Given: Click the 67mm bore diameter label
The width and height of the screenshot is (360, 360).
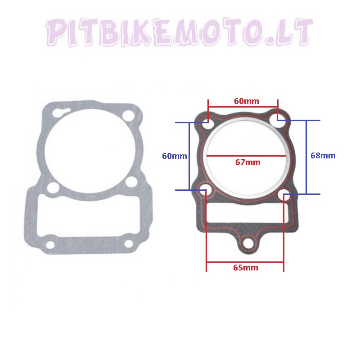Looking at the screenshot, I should pyautogui.click(x=247, y=162).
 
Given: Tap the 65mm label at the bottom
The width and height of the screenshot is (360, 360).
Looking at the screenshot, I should pyautogui.click(x=245, y=267).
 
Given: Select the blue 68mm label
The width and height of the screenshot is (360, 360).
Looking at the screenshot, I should pyautogui.click(x=323, y=156).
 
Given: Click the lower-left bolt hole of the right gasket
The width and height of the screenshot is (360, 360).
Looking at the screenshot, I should pyautogui.click(x=205, y=189).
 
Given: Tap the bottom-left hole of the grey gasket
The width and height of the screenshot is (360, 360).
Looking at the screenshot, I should pyautogui.click(x=50, y=244).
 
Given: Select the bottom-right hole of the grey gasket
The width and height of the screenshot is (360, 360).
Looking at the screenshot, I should pyautogui.click(x=128, y=243).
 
